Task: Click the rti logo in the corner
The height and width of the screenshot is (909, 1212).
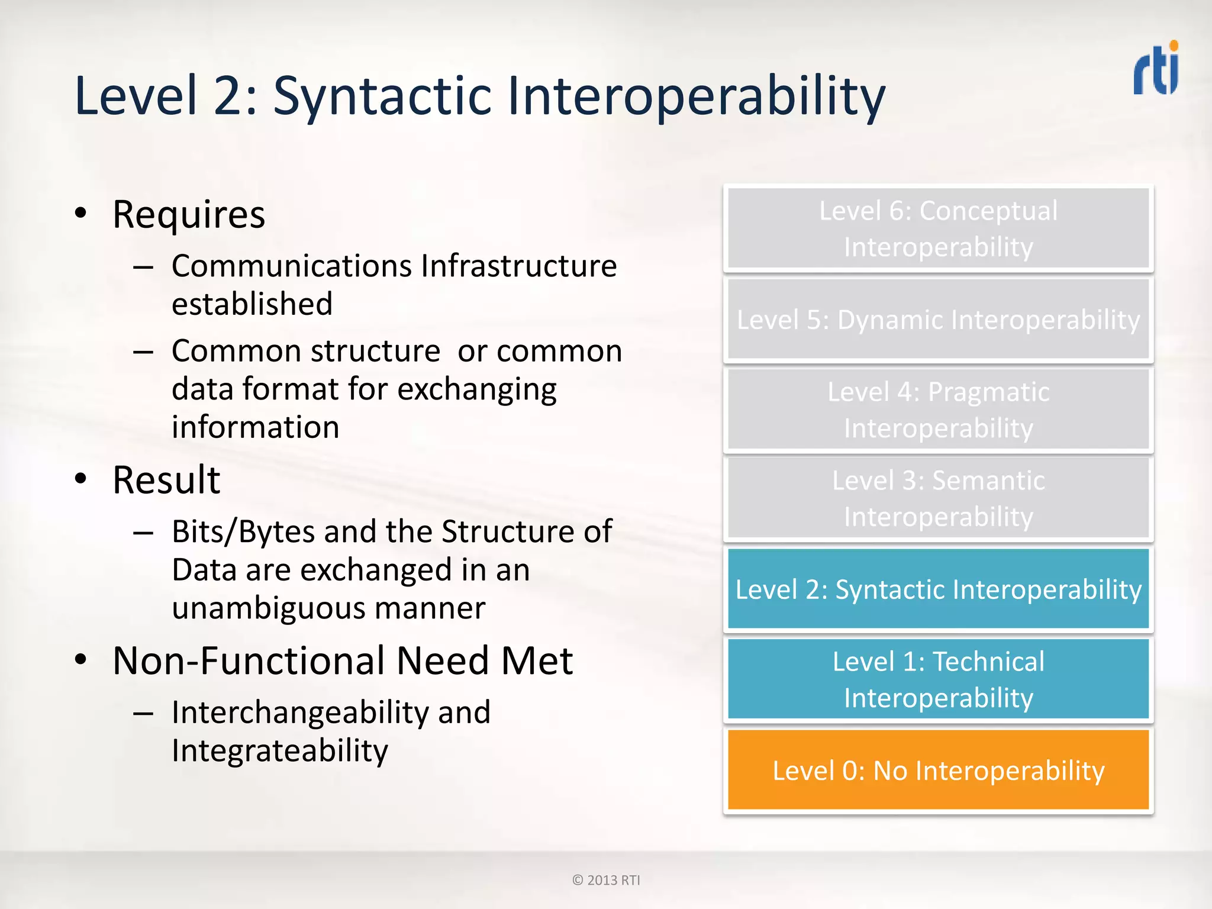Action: pos(1156,69)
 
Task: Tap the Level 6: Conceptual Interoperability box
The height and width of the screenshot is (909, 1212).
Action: pos(938,228)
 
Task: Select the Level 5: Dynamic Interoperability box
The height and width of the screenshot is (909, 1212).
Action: pos(938,320)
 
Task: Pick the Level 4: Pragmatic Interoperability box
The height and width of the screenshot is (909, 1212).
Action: pos(938,410)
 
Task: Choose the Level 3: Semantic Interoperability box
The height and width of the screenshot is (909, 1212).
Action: pos(938,498)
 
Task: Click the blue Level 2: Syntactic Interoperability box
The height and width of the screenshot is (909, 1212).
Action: pos(938,589)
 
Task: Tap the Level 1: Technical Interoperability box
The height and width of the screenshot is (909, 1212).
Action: pos(938,679)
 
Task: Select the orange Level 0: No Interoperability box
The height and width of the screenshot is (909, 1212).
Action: pos(938,770)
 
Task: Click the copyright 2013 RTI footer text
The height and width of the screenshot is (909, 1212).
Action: pos(606,880)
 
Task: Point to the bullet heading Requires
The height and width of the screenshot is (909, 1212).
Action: pos(189,215)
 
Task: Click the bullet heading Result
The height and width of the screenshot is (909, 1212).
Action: pos(166,480)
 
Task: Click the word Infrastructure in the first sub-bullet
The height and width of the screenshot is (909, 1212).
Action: pos(519,266)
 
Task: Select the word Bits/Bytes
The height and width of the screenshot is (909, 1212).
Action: pos(243,531)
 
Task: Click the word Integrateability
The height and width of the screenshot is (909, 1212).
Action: pos(280,751)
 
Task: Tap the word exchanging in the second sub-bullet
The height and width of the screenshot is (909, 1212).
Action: pos(476,389)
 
